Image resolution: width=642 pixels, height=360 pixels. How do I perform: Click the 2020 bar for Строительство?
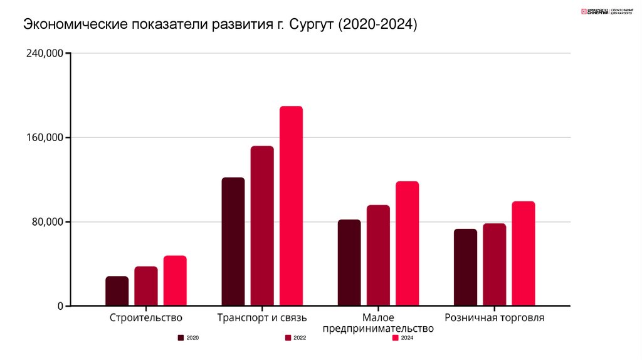tap(117, 291)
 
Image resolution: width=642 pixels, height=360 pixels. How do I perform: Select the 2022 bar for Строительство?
tap(146, 286)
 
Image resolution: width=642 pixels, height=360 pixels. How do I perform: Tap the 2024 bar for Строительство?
tap(175, 280)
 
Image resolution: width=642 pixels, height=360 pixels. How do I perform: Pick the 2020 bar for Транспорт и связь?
tap(233, 241)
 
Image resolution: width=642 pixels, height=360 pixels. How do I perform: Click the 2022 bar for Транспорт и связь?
tap(262, 226)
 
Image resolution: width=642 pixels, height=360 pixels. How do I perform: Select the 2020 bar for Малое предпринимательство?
tap(349, 263)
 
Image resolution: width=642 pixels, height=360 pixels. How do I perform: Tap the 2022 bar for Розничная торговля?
tap(494, 265)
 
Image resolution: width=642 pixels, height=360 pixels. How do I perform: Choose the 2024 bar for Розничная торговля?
tap(524, 253)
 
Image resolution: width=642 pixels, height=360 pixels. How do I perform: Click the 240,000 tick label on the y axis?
tap(45, 54)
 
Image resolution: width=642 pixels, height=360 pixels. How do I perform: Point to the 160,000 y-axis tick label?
tap(45, 138)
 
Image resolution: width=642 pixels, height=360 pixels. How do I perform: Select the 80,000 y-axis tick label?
tap(47, 222)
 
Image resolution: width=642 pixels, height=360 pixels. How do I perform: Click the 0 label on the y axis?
tap(60, 306)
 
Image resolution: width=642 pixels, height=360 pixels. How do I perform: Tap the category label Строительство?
tap(145, 318)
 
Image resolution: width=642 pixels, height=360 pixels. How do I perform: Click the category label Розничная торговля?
tap(494, 318)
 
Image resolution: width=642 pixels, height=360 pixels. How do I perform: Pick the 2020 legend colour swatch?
tap(181, 338)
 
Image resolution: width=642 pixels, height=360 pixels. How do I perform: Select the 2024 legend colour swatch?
tap(396, 338)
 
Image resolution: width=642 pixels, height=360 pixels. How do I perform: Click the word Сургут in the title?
tap(312, 25)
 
